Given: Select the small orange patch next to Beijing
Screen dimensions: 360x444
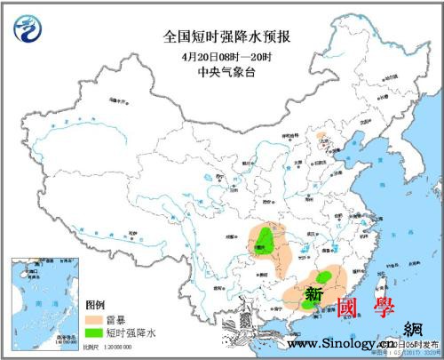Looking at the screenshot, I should click(323, 141).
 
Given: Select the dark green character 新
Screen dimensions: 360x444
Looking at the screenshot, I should click(314, 293).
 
